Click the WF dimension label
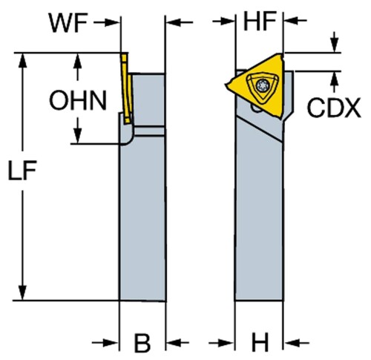coord(68,23)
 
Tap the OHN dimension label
coord(78,100)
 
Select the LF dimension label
coord(22,170)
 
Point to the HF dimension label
coord(260,22)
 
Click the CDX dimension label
coord(334,108)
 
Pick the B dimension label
coord(142,343)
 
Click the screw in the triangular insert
coord(262,85)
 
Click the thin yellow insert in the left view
coord(127,88)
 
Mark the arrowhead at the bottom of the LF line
coord(22,292)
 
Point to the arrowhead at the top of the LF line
coord(22,61)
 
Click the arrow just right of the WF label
coord(107,22)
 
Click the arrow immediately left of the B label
coord(105,343)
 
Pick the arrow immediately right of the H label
coord(297,343)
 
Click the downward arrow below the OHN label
coord(78,130)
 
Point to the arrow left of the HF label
coord(223,22)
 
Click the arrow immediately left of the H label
coord(221,343)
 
